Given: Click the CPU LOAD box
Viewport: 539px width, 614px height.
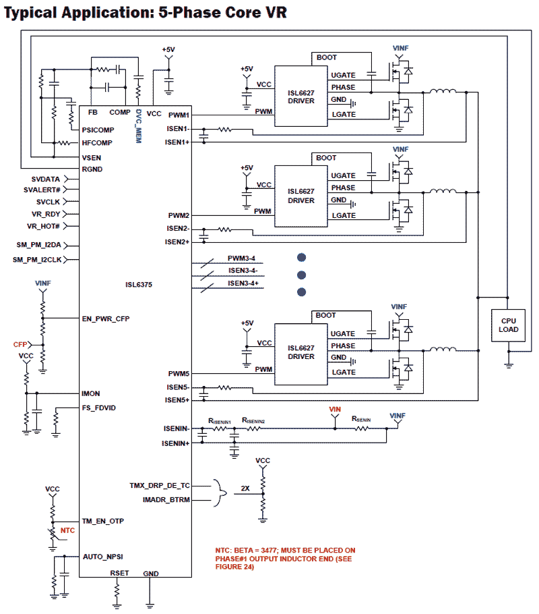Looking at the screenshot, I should (509, 325).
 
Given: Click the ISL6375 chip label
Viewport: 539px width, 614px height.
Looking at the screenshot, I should (139, 285).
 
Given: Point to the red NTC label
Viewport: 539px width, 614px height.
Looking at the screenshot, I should (67, 530).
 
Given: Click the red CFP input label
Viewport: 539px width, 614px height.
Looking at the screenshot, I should (20, 344).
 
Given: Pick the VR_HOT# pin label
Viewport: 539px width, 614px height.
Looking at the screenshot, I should (44, 226).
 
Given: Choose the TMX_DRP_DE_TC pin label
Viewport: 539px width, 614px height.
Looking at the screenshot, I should (160, 485).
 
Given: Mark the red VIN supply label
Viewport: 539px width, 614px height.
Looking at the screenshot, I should (335, 410).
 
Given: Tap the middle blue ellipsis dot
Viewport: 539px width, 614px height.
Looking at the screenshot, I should (301, 275).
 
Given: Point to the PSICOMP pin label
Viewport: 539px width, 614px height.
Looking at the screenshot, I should (98, 130).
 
